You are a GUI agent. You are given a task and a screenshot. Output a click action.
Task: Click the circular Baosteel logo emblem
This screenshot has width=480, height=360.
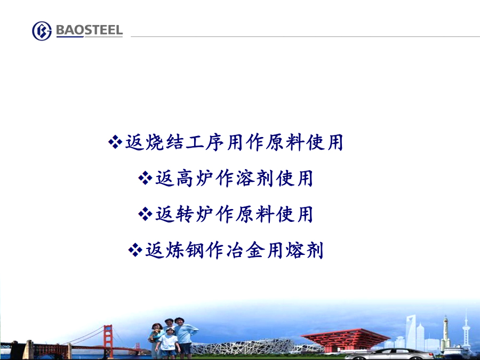click(x=42, y=31)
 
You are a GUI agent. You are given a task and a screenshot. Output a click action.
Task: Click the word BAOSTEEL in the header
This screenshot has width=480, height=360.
click(x=90, y=30)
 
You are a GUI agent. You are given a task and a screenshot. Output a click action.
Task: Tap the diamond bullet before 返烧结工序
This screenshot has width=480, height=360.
click(x=115, y=142)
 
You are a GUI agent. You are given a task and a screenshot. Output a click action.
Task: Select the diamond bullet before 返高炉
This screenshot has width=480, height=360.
click(x=145, y=178)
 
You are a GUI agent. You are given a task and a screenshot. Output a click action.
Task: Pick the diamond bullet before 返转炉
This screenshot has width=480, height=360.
click(x=145, y=214)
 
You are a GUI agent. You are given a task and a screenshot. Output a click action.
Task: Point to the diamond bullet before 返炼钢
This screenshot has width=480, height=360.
click(x=135, y=250)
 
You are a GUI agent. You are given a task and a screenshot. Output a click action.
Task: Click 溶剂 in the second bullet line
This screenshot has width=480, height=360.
click(x=255, y=178)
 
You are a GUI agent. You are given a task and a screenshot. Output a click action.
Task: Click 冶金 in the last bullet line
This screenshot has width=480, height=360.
click(x=245, y=250)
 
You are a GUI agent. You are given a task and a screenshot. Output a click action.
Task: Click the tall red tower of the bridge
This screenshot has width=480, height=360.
click(x=108, y=341)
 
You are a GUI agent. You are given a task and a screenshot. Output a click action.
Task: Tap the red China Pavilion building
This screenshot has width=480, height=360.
click(x=345, y=340)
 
